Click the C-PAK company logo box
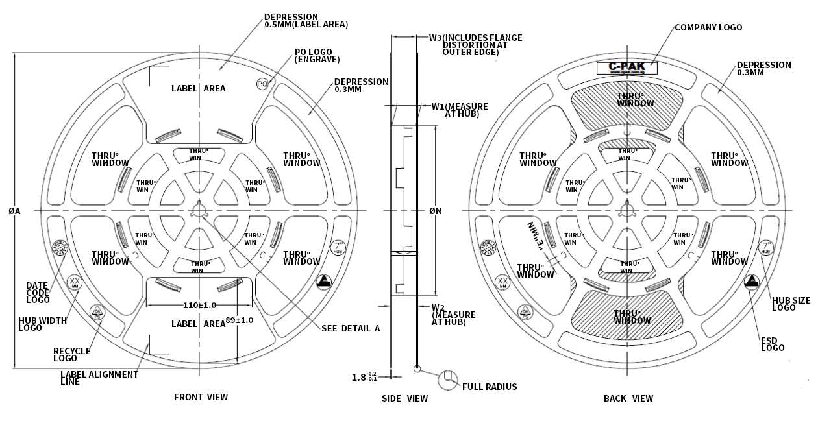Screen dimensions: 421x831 point(627,67)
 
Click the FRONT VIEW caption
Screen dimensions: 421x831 point(201,397)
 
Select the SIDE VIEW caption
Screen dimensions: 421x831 point(404,398)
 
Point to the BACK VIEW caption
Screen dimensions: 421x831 point(628,398)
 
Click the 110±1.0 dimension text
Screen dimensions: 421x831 point(198,305)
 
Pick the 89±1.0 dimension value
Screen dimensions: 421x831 point(240,320)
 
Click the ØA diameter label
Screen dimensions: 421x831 point(14,211)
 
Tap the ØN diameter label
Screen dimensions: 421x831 point(435,211)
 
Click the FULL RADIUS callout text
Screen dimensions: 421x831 point(490,387)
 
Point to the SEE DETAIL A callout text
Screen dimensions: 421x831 point(351,328)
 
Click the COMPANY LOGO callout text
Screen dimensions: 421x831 point(708,28)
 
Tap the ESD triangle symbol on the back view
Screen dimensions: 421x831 point(752,282)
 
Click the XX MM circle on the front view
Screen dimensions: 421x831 point(75,282)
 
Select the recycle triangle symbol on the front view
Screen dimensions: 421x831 point(97,313)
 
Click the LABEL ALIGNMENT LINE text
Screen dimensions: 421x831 point(99,378)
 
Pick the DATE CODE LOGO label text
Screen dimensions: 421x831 point(38,293)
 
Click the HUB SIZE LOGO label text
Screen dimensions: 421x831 point(791,304)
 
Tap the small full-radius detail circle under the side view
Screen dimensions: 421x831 point(416,368)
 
